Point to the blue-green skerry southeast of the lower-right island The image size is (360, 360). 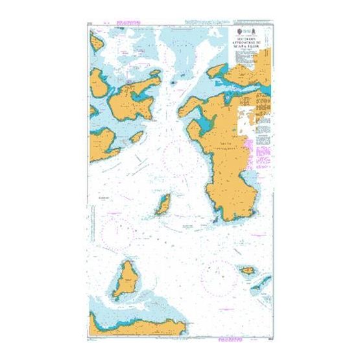[263, 283]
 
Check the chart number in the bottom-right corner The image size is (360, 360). [266, 334]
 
